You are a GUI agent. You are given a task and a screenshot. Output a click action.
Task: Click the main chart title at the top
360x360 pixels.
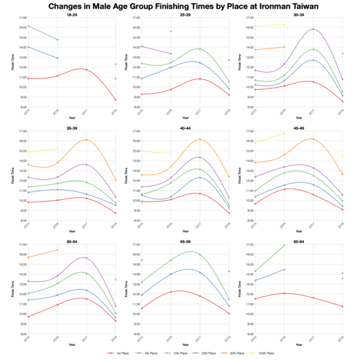pos(180,6)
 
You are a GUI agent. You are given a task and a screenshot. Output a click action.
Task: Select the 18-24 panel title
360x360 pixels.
pos(71,14)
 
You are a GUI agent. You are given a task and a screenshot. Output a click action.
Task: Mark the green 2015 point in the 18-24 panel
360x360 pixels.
pos(27,26)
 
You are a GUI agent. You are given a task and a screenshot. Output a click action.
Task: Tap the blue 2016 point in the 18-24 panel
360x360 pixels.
pos(56,58)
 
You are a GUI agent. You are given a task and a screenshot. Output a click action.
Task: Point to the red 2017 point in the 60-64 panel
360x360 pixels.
pos(313,298)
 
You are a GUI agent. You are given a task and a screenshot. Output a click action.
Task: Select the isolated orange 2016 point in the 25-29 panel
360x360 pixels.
pos(170,31)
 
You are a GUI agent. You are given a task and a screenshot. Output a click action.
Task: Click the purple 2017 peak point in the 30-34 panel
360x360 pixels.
pos(313,29)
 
